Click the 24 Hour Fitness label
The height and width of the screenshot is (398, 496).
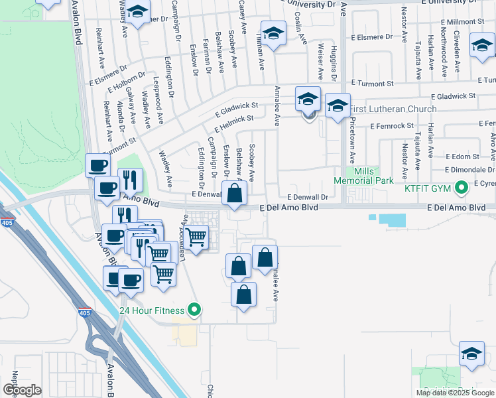pos(152,310)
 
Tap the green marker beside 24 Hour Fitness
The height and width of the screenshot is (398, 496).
pos(194,309)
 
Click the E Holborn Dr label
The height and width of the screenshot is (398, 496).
pos(126,80)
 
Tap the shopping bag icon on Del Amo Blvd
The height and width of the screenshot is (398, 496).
pos(235,194)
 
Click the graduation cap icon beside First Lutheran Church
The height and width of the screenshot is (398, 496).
pos(338,105)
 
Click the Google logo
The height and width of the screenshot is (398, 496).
pos(22,390)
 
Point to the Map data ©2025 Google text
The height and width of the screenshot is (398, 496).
pos(454,393)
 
